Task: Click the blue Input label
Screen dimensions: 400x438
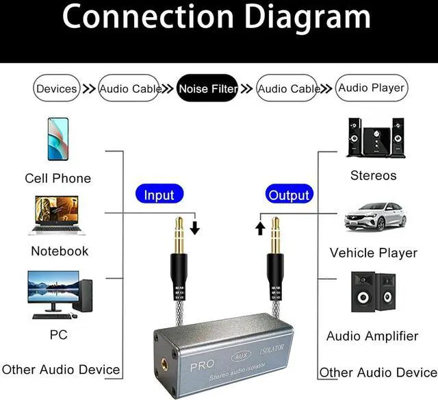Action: click(x=159, y=195)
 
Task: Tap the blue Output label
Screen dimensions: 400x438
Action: click(x=289, y=195)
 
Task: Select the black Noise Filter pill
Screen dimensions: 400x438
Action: click(x=208, y=88)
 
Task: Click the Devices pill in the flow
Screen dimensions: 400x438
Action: click(x=57, y=88)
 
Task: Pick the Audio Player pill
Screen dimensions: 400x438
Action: click(x=372, y=88)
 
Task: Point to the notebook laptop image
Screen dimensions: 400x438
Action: click(x=58, y=216)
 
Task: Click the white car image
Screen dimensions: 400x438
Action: click(x=374, y=217)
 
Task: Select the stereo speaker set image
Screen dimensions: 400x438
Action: click(x=374, y=138)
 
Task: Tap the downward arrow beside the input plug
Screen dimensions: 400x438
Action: click(x=195, y=228)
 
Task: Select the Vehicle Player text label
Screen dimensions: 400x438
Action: click(x=373, y=253)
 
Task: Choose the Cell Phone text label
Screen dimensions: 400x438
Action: click(x=57, y=178)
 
